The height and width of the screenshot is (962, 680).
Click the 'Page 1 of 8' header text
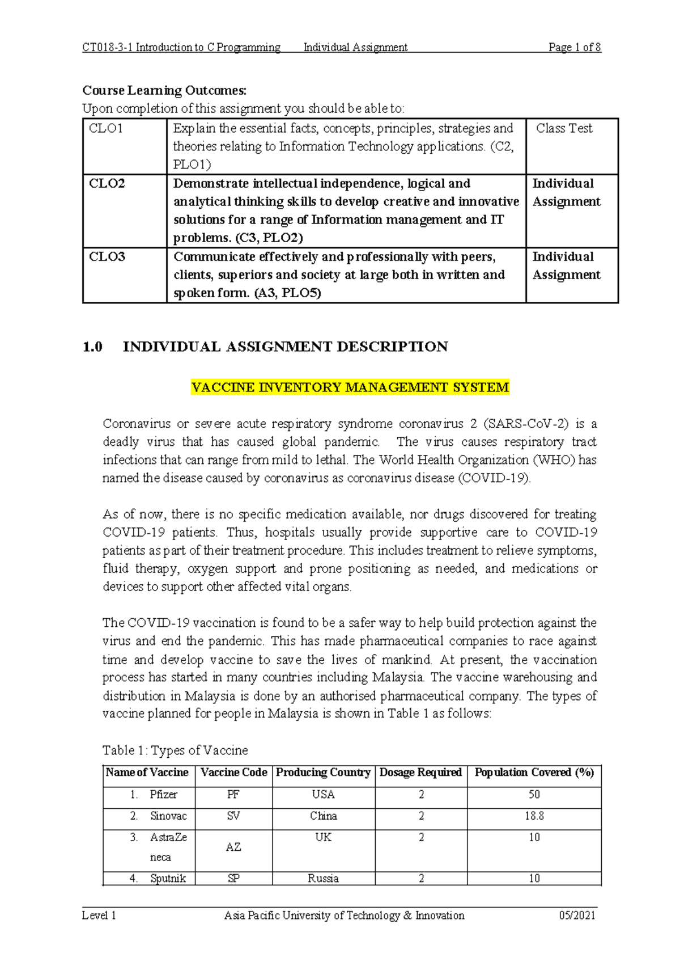point(574,48)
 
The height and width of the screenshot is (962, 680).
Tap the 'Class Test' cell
point(564,129)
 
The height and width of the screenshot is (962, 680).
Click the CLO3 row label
point(107,257)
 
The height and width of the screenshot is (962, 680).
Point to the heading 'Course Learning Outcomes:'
point(164,90)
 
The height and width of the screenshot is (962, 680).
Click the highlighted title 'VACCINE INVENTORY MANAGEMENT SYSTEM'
point(350,387)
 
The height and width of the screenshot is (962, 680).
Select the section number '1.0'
point(92,347)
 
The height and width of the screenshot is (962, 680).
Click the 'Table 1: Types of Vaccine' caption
point(175,750)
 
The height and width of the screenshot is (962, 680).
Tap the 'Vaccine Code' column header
point(233,773)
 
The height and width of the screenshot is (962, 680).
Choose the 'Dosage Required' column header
point(420,773)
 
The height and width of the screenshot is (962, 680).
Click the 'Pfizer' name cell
point(163,795)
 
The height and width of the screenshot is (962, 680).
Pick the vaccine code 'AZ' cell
point(233,847)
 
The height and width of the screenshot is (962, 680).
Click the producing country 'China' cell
point(323,816)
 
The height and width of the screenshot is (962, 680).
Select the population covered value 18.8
point(534,816)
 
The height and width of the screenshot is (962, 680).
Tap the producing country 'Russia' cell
point(323,879)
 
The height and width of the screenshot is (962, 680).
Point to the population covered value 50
point(534,795)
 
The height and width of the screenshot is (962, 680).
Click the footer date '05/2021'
point(577,915)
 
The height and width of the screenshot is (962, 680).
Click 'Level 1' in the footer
point(99,915)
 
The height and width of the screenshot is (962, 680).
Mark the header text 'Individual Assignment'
point(355,48)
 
